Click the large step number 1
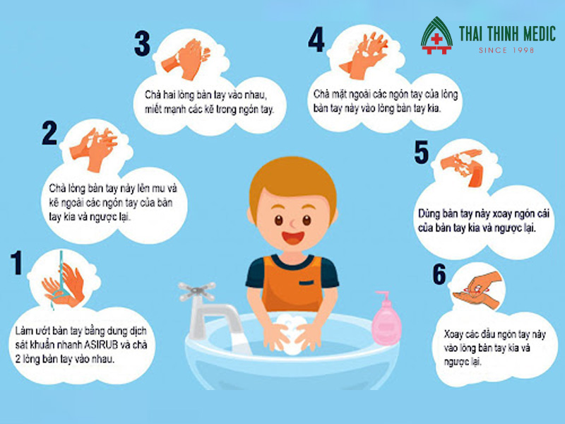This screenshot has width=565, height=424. tap(16, 262)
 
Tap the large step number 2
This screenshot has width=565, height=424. tap(49, 133)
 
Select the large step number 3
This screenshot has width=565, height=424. tap(143, 43)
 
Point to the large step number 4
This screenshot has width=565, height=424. tap(316, 40)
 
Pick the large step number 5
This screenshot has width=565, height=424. tap(422, 152)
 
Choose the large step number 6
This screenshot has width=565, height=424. tap(439, 274)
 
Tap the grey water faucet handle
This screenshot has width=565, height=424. tap(197, 291)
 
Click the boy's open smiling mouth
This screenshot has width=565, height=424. tap(293, 237)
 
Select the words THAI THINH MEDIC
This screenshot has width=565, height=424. tap(507, 34)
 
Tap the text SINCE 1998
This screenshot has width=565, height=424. tap(506, 50)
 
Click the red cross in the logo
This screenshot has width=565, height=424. tap(436, 39)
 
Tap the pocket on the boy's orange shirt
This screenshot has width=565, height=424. tap(307, 283)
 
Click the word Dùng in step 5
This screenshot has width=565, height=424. tap(429, 214)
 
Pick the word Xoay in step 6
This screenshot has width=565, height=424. tap(453, 334)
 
